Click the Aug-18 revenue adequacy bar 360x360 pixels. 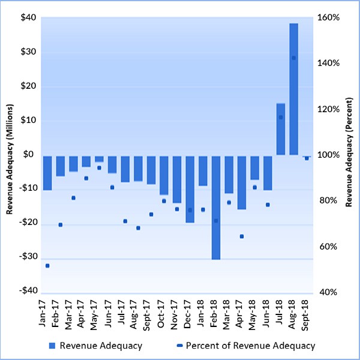293,89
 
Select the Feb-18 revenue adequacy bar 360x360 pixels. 216,207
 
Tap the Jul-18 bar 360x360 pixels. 280,129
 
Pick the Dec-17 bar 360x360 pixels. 190,188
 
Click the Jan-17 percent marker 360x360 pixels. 47,265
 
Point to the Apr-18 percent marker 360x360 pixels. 242,236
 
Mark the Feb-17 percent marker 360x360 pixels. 61,224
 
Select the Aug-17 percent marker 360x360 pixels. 138,228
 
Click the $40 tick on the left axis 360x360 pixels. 28,17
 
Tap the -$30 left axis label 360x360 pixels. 26,257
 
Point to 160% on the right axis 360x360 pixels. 329,17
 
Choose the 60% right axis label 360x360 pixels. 329,247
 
